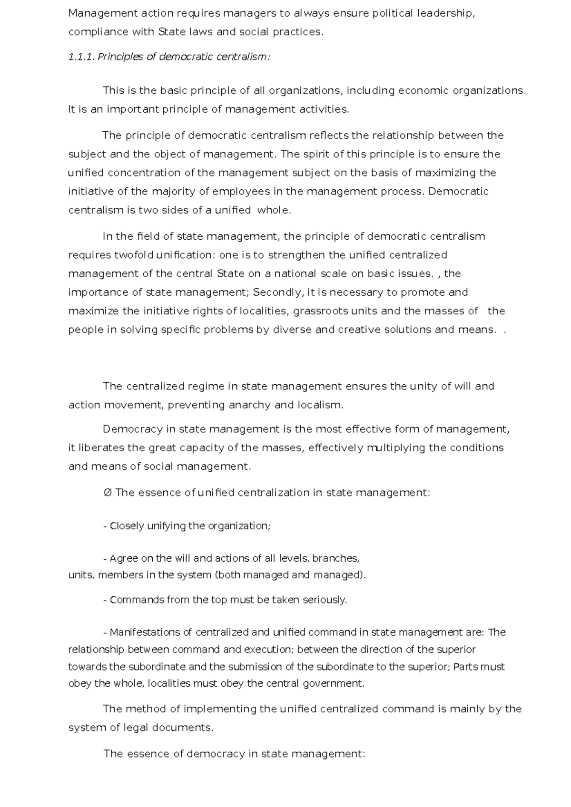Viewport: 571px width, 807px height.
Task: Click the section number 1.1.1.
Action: pos(82,57)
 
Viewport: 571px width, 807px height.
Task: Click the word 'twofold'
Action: pos(134,255)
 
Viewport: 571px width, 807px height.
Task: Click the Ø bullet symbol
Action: pos(107,493)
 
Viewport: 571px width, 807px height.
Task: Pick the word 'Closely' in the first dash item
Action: pos(127,526)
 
